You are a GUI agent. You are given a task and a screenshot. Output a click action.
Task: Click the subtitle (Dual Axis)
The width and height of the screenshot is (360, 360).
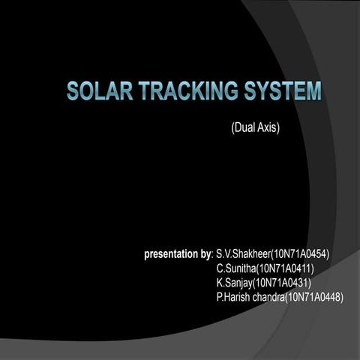[x=255, y=128]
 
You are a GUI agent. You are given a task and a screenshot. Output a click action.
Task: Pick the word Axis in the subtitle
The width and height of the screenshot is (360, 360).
[x=268, y=128]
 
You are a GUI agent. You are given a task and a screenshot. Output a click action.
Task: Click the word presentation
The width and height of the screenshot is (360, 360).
[x=172, y=255]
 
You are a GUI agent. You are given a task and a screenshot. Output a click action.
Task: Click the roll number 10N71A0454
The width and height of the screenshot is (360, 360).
[x=299, y=255]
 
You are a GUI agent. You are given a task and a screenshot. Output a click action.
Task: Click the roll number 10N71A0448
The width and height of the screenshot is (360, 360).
[x=315, y=298]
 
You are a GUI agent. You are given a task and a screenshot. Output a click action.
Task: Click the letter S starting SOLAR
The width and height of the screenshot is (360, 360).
[x=73, y=91]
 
